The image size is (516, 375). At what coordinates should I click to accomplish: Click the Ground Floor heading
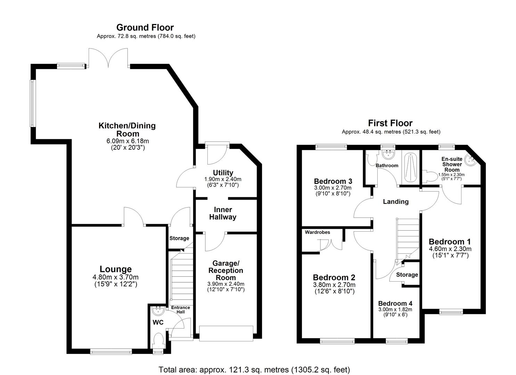coord(145,27)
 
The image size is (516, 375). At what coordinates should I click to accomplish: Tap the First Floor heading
coord(390,123)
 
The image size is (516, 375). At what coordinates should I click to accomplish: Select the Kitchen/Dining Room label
coord(127,130)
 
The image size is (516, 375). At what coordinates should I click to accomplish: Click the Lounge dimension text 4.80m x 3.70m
coord(115,277)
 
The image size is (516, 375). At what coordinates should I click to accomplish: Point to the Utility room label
coord(223,173)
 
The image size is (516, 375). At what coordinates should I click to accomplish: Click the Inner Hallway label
coord(223,213)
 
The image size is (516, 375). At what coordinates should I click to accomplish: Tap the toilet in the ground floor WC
coord(158,339)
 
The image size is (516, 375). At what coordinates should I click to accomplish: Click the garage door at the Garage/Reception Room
coord(226,333)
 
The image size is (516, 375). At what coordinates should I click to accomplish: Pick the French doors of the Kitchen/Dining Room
coord(109,58)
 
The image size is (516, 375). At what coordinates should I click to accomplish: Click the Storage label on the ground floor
coord(179,238)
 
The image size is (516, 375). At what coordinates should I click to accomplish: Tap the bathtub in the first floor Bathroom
coord(410,167)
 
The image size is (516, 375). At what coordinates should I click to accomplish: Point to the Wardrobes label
coord(317,232)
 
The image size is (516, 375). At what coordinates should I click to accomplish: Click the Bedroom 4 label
coord(395,303)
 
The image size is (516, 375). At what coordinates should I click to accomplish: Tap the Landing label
coord(395,201)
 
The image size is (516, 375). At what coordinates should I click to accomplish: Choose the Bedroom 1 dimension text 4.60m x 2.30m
coord(450,249)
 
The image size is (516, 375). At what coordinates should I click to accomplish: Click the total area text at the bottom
coord(254,369)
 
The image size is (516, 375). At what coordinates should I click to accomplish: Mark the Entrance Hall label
coord(181,309)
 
